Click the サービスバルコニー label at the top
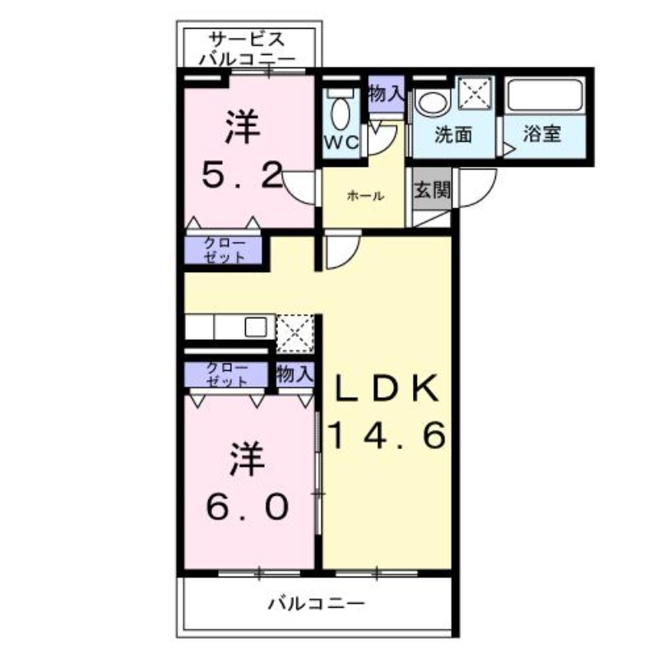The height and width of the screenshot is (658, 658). (x=247, y=49)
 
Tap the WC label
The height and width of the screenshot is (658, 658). (x=341, y=142)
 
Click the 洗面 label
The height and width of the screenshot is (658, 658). (x=452, y=134)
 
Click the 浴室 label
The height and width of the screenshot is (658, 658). (x=543, y=134)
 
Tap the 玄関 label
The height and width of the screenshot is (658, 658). (x=431, y=191)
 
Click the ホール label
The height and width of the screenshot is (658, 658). (x=364, y=196)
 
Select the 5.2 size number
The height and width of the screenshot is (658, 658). (x=243, y=174)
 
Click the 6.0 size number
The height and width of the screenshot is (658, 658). (x=247, y=505)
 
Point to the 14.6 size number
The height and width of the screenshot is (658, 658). (x=387, y=433)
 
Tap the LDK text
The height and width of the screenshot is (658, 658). (x=387, y=387)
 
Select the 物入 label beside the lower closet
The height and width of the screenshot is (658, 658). (x=295, y=375)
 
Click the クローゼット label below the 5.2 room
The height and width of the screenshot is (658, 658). (x=224, y=250)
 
